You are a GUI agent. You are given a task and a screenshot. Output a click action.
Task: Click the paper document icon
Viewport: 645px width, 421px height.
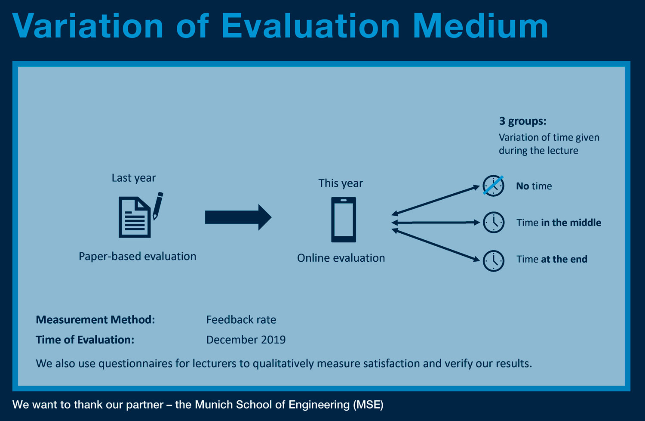click(135, 217)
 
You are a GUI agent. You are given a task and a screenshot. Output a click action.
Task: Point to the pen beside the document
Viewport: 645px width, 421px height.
click(158, 206)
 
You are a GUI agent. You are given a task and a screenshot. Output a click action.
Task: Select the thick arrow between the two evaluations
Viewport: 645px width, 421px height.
click(238, 217)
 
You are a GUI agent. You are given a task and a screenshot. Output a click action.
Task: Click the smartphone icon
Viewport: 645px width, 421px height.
click(344, 220)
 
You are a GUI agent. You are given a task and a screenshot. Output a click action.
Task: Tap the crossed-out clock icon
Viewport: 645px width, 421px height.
click(493, 186)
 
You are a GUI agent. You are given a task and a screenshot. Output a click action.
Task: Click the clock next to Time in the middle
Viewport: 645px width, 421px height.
click(494, 222)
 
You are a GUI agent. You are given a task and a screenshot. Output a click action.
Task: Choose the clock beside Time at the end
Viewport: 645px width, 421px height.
click(494, 261)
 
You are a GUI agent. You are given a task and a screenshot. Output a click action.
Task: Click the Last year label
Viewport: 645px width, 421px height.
click(134, 178)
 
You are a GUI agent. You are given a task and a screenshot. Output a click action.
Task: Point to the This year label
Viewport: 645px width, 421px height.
click(341, 183)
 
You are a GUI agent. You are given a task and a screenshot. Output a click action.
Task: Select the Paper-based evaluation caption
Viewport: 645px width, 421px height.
click(137, 257)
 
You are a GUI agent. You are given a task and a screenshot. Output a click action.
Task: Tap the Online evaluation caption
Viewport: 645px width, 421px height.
click(341, 258)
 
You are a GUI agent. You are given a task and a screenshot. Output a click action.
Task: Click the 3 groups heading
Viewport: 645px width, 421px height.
click(522, 121)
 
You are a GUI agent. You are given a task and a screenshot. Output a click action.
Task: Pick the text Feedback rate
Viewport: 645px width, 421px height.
click(241, 320)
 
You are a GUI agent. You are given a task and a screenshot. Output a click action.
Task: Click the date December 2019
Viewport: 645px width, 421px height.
click(246, 340)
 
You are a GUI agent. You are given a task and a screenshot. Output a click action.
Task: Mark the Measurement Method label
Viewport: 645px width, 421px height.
click(95, 320)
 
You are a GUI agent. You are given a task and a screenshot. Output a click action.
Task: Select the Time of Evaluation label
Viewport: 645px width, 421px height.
click(85, 340)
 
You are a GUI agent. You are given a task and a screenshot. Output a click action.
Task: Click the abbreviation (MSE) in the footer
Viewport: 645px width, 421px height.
click(368, 405)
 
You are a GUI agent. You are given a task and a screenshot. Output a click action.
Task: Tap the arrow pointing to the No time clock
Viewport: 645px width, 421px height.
click(435, 201)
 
